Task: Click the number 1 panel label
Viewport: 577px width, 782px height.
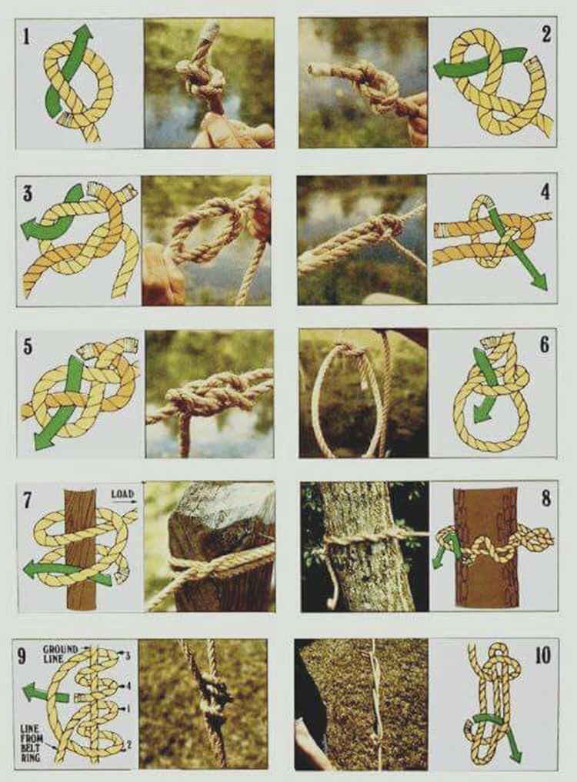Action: point(26,36)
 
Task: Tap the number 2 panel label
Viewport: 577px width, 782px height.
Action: point(546,34)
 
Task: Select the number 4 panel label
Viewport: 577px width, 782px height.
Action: point(545,191)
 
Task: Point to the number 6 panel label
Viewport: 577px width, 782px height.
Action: point(545,344)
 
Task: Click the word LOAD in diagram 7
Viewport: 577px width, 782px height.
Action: point(122,493)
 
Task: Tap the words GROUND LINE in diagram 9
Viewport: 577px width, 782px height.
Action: point(60,653)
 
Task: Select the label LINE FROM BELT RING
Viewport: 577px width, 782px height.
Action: point(32,743)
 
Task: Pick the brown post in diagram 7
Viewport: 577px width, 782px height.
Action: point(80,549)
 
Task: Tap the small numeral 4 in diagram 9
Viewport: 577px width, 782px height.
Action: point(128,687)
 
